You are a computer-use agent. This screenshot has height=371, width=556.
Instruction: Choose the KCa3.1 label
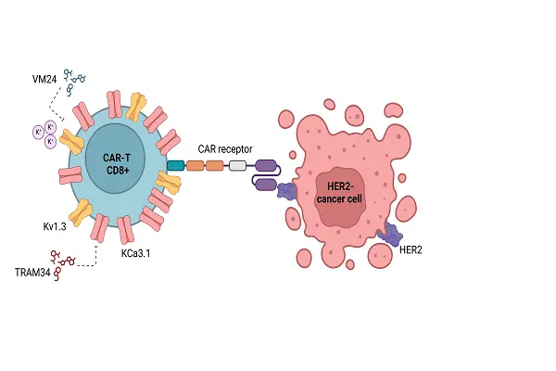pyautogui.click(x=136, y=251)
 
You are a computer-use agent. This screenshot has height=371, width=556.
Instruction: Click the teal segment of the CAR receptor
pyautogui.click(x=175, y=166)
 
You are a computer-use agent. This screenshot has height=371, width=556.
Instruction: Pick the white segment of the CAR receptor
pyautogui.click(x=237, y=166)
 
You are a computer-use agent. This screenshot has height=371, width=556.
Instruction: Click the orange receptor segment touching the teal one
pyautogui.click(x=195, y=166)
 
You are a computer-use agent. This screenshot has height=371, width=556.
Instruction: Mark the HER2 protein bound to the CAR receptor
pyautogui.click(x=287, y=191)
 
